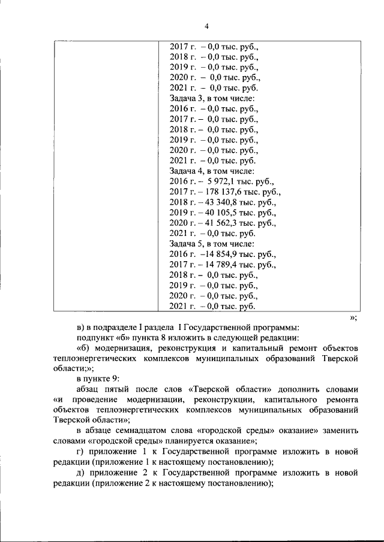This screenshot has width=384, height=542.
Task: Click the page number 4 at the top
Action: tap(206, 26)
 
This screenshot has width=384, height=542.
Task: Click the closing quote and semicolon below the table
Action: tap(353, 318)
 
